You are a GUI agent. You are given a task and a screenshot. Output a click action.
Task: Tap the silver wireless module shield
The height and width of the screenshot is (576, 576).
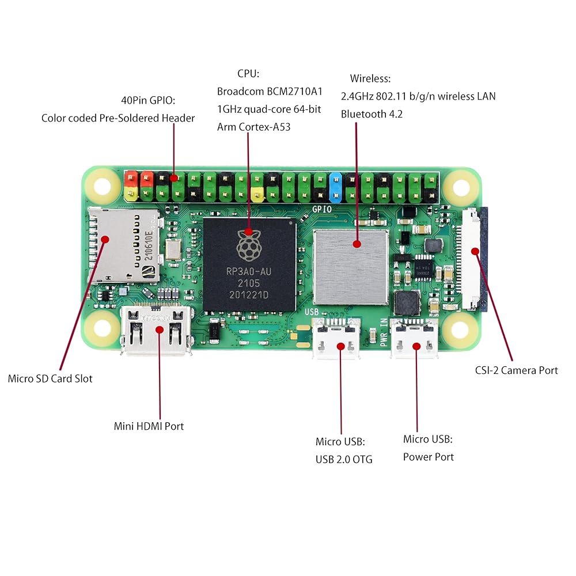coord(351,266)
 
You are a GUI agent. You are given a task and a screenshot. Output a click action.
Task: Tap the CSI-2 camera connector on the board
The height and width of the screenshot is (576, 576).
coord(475,257)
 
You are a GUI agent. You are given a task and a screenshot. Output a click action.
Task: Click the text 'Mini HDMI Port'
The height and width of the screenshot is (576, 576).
coord(149,426)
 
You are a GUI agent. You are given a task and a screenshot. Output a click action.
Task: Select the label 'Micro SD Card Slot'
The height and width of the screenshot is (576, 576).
coord(50,378)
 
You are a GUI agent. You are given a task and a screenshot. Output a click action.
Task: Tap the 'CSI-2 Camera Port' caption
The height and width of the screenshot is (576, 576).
coord(516,370)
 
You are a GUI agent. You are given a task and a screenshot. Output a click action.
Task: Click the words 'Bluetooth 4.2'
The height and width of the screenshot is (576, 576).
coord(372,114)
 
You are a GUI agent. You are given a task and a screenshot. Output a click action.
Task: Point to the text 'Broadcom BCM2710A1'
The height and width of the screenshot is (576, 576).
coord(270,92)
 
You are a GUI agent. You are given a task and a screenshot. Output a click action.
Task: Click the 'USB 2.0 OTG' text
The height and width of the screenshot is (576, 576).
coord(344,459)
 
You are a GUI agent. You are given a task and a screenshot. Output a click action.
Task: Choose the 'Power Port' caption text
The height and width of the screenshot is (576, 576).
coord(428,457)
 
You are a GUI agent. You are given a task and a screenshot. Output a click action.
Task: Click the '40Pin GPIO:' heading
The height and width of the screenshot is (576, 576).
coord(148,100)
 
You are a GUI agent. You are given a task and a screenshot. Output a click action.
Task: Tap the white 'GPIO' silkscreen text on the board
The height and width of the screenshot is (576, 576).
coord(321,210)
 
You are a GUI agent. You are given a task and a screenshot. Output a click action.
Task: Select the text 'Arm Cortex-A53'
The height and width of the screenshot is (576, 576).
coord(253,127)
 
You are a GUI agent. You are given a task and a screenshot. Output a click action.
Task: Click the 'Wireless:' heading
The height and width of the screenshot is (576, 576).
coord(370,78)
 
